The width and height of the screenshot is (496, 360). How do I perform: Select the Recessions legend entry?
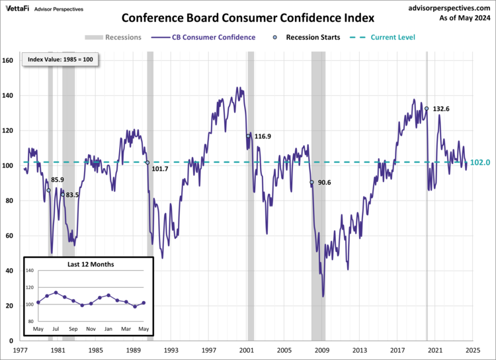tap(113, 38)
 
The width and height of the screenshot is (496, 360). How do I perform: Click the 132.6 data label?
tap(441, 109)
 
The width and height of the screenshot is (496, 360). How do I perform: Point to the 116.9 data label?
tap(263, 136)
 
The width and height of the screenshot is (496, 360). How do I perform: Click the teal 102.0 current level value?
tap(480, 163)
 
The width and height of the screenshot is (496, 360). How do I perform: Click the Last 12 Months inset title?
tap(91, 264)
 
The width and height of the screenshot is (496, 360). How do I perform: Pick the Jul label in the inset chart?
tap(56, 328)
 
